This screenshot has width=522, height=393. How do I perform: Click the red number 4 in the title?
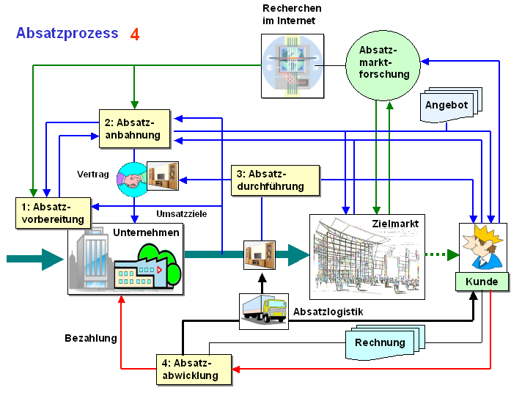point(134,34)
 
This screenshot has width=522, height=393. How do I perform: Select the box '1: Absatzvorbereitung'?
point(54,213)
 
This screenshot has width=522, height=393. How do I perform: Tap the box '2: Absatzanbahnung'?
point(134,128)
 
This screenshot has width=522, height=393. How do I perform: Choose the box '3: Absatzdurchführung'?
point(276,180)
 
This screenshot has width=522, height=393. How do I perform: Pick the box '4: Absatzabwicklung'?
point(194,370)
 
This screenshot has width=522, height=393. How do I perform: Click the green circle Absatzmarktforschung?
point(383,65)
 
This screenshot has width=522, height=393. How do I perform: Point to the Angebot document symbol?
point(451,105)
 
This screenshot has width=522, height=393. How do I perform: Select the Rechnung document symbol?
point(385,342)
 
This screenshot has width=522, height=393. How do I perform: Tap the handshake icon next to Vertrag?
point(133,179)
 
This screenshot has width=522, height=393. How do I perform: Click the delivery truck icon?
point(264,311)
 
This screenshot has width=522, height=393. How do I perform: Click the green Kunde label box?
point(482,282)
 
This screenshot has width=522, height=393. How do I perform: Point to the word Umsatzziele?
point(181,214)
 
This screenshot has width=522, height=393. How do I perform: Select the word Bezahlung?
point(91,338)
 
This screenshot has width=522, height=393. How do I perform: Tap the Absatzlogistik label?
point(328,312)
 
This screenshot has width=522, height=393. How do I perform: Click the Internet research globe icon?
point(293,66)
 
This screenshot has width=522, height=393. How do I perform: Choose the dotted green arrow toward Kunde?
point(442,254)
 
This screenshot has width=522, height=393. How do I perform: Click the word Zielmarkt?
point(395,224)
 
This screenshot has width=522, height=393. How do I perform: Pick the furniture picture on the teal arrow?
point(260,254)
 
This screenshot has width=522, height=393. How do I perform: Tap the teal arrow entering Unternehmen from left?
point(35,259)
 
